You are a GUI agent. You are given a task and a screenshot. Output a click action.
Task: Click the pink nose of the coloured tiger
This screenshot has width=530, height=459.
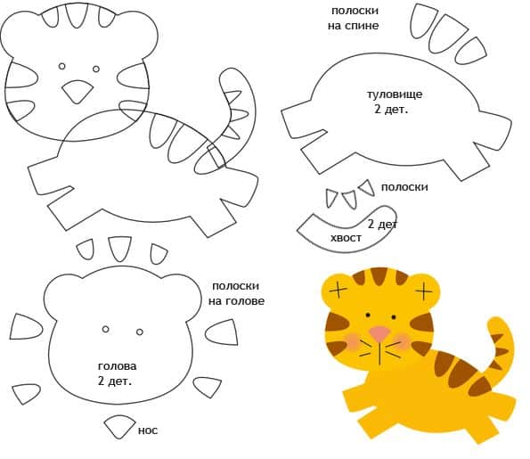tap(379, 333)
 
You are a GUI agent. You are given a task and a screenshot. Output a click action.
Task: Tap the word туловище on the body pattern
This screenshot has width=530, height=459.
tap(395, 94)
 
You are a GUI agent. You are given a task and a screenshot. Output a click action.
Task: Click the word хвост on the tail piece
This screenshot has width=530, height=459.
tap(346, 238)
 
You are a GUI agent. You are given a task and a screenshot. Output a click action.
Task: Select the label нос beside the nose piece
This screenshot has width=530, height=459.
tap(148, 430)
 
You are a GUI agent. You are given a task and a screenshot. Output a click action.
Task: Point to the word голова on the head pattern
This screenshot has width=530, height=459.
tap(118, 366)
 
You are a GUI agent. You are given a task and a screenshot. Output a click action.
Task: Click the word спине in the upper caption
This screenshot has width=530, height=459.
tap(363, 26)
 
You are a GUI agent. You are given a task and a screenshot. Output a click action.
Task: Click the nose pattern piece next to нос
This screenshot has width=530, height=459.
tap(119, 426)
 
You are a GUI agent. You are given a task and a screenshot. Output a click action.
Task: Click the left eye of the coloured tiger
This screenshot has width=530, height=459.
tap(368, 316)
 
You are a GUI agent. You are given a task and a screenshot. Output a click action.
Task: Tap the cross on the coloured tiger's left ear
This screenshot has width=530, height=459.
tap(338, 290)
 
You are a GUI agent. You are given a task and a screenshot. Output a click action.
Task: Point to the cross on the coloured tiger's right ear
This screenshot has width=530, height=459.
tap(424, 291)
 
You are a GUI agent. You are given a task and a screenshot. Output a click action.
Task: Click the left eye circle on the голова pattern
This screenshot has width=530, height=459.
tap(105, 329)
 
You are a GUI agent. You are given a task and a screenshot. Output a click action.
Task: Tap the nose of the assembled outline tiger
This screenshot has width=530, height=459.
tap(77, 91)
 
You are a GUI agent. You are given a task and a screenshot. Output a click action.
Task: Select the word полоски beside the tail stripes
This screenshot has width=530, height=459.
tap(404, 187)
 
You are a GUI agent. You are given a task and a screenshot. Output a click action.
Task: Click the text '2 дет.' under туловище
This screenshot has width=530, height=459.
tap(391, 110)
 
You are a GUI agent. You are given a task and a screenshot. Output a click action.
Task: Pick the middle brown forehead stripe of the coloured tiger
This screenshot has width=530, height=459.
tap(379, 276)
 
